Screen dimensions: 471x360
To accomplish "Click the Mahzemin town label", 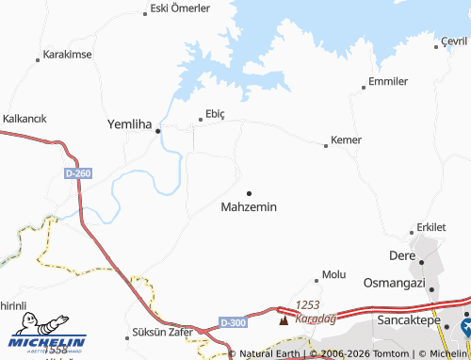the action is point(249,206).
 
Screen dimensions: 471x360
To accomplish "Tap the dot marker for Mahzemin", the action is point(249,193).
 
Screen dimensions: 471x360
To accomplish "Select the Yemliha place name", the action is point(130,123).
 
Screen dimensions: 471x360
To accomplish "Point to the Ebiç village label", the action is point(215,113).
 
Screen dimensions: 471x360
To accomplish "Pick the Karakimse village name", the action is point(67,55).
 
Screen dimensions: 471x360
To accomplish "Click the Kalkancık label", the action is point(25,119).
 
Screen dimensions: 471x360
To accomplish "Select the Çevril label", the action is point(454,41).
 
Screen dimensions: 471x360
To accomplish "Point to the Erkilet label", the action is point(431,228).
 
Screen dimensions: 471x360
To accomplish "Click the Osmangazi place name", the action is point(395,284).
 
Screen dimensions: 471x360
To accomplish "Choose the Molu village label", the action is point(334,274).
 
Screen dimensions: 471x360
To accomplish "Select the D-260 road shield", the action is point(79,174).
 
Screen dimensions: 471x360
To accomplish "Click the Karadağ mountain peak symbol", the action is point(283,319).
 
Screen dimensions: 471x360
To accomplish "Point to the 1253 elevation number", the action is point(309,305).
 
